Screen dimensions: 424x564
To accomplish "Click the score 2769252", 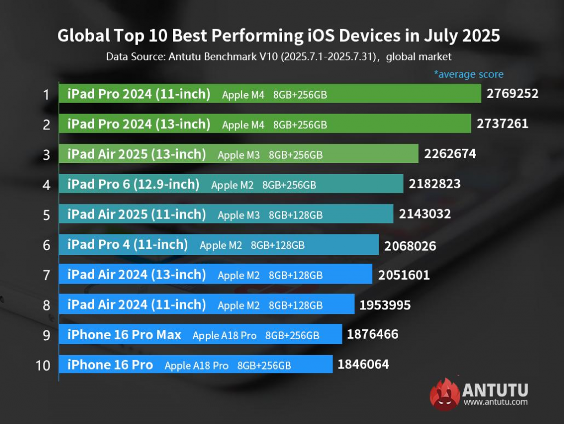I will click(x=512, y=94).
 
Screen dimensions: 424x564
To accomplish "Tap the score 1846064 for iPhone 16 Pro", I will click(x=363, y=364).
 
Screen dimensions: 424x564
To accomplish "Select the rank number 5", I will click(x=47, y=214).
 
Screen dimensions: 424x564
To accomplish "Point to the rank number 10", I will click(x=43, y=365).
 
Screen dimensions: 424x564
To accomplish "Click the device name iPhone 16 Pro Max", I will click(x=124, y=334).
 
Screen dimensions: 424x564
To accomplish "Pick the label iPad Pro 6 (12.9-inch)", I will click(x=133, y=184).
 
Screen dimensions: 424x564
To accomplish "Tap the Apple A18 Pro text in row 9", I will click(x=224, y=335).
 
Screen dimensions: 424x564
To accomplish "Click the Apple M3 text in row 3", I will click(x=238, y=155).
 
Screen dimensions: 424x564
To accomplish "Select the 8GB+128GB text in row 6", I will click(x=278, y=245).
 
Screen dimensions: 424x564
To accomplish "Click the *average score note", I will click(x=468, y=74).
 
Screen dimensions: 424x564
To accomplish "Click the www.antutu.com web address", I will click(x=495, y=402).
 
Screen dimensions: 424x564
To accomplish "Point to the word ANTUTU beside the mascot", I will click(x=495, y=390).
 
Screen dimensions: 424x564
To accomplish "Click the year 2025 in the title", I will click(x=478, y=36).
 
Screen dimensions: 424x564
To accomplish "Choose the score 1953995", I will click(x=385, y=305).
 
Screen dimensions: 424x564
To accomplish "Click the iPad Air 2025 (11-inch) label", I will click(x=137, y=214).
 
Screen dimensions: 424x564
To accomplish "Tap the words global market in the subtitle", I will click(x=419, y=56).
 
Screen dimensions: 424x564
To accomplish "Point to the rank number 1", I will click(x=47, y=94).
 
